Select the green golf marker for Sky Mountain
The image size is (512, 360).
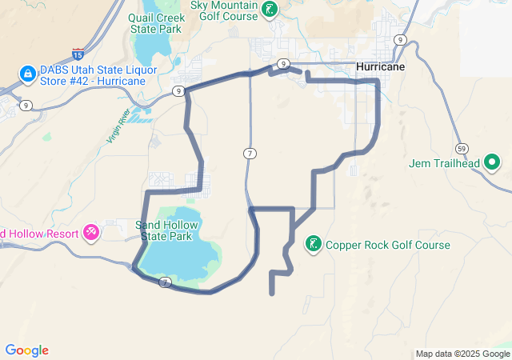coord(271,10)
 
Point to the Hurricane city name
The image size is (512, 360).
coord(380,67)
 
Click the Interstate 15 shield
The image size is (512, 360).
coord(78,54)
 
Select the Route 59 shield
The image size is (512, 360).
coord(462,149)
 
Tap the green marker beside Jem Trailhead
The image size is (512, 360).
coord(492,164)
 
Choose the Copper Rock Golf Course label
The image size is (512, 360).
coord(388,246)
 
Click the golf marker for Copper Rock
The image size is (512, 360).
coord(314,244)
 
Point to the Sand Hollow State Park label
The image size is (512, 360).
coord(166,231)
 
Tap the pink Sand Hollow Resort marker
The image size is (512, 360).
coord(92,233)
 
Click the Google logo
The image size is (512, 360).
coord(26,350)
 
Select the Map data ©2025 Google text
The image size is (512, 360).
coord(462,354)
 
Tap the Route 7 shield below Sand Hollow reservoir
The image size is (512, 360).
coord(165,282)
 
